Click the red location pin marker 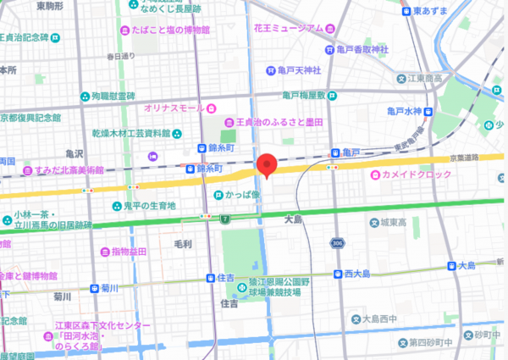[268, 165]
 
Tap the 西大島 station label [359, 274]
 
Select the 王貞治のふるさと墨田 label [279, 123]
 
